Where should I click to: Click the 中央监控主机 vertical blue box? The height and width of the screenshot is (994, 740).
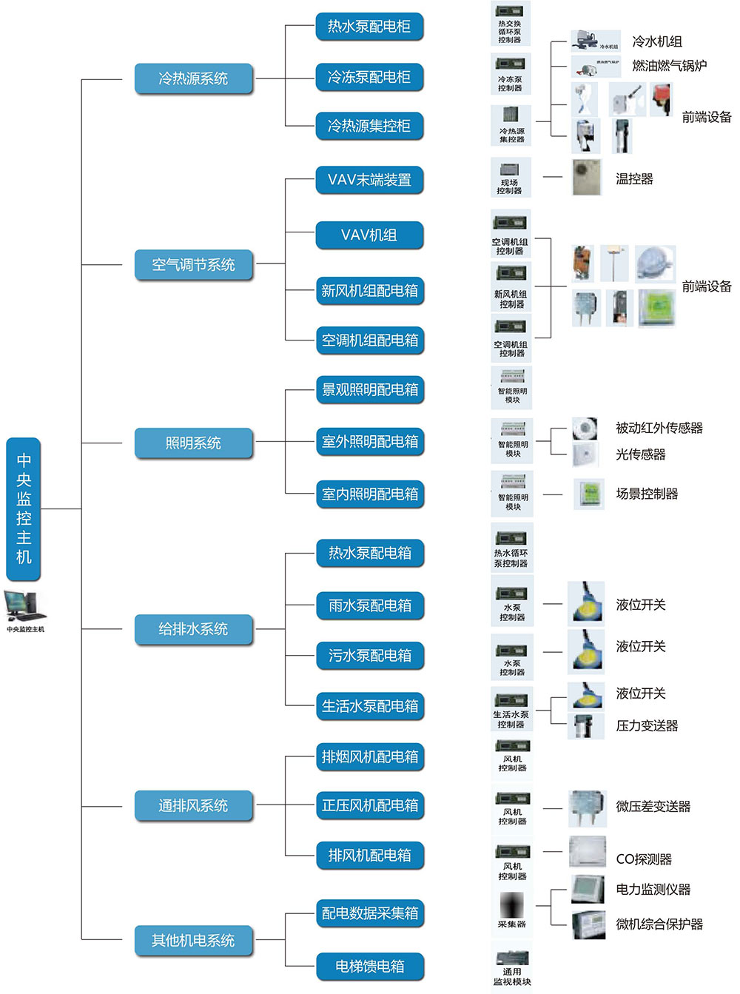(24, 509)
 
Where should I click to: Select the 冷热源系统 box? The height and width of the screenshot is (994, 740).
(193, 78)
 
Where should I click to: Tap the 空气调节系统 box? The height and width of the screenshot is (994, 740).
(193, 264)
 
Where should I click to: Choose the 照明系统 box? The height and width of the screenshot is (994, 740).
(193, 443)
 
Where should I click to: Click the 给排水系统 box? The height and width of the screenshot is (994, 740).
(193, 629)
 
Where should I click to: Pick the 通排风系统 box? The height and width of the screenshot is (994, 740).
(193, 805)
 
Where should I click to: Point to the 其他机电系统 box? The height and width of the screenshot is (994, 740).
(193, 940)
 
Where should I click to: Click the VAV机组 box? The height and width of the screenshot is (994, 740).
(369, 235)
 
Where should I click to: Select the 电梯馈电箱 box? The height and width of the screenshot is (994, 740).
(369, 966)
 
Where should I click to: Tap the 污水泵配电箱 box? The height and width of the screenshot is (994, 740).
(369, 655)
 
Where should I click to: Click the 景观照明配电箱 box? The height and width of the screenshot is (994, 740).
(369, 389)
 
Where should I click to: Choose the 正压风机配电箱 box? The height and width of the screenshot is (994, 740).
(369, 805)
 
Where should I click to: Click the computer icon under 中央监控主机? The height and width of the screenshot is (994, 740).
(24, 607)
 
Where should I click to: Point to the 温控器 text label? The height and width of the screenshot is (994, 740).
(634, 179)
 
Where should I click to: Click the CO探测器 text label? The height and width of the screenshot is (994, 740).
(644, 859)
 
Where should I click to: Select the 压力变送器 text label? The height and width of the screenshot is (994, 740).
(647, 726)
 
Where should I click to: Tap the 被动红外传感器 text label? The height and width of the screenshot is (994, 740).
(659, 428)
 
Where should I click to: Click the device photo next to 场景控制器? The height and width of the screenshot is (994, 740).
(590, 494)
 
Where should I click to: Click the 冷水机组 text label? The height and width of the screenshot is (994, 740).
(657, 41)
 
